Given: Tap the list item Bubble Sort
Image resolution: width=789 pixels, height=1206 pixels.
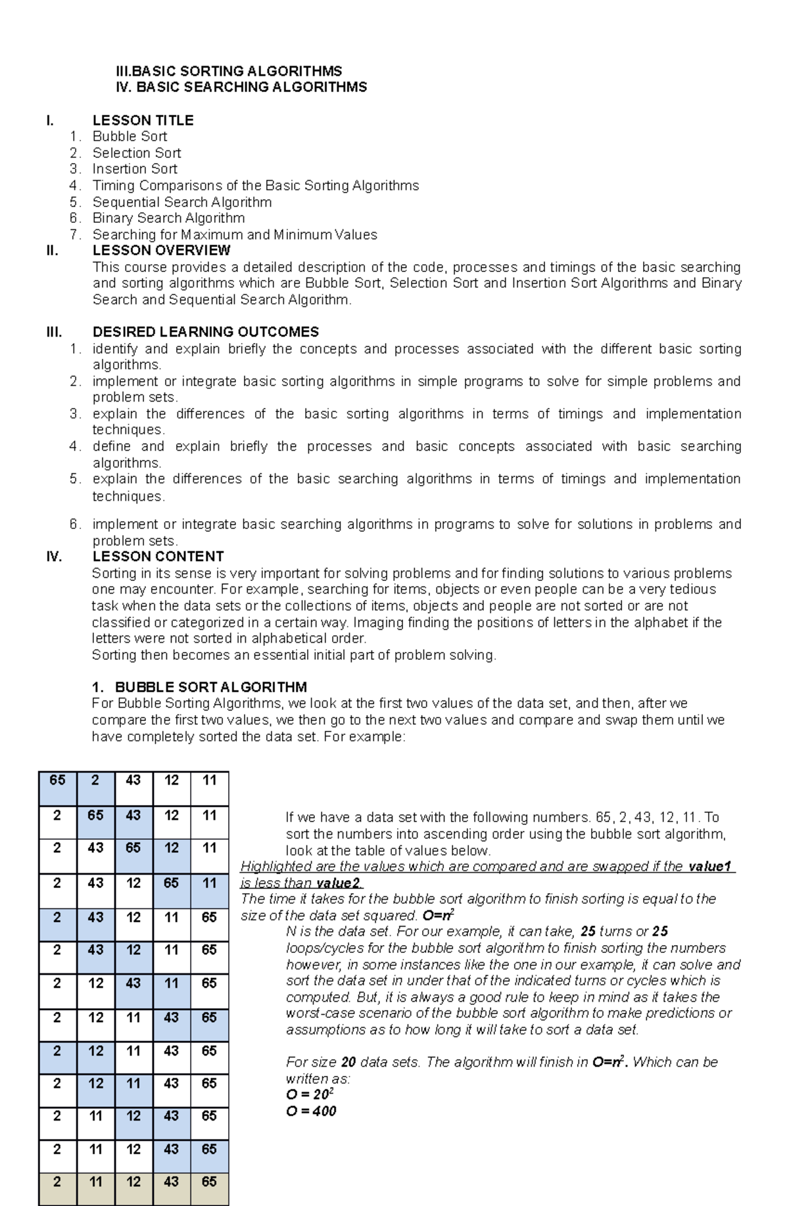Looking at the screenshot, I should coord(130,137).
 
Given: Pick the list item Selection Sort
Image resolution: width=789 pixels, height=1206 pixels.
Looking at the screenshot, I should coord(136,153).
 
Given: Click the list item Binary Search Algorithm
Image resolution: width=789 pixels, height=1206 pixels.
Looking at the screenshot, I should coord(168,218).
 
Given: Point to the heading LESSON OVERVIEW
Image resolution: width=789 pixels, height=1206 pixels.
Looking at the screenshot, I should coord(161,250).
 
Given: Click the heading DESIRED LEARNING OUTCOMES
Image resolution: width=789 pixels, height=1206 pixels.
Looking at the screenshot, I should coord(205,332).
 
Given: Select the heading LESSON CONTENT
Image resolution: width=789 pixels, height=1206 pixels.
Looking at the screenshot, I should coord(158,557).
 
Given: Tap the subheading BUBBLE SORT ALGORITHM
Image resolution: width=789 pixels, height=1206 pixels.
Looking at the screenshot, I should coord(210,687).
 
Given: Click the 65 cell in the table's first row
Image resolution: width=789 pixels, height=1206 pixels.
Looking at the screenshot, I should coord(57,781).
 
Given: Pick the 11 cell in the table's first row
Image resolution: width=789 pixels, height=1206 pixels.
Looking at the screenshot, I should coord(209,781).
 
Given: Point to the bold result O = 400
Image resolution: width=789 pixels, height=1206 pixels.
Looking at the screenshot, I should coord(311,1111).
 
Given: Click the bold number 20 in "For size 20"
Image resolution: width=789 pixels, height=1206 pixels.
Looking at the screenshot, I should coord(348,1063).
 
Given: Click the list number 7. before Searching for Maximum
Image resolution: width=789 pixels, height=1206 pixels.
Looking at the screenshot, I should coord(75,235).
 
